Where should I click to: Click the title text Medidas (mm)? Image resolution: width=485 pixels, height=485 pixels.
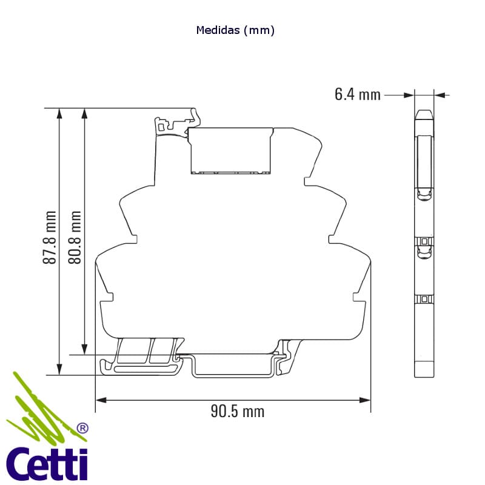pyautogui.click(x=236, y=30)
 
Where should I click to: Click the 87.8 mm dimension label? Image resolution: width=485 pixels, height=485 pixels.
pyautogui.click(x=50, y=237)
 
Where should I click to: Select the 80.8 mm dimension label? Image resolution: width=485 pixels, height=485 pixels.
pyautogui.click(x=75, y=237)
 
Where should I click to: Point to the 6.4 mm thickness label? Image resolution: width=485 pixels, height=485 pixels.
pyautogui.click(x=358, y=95)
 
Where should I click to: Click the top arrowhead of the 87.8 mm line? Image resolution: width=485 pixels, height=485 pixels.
pyautogui.click(x=59, y=114)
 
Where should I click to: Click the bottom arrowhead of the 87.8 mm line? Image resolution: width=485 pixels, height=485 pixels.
pyautogui.click(x=59, y=369)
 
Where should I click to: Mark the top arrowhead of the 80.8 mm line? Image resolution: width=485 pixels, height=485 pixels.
pyautogui.click(x=85, y=114)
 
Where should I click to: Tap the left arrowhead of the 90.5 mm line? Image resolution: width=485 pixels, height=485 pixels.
pyautogui.click(x=101, y=400)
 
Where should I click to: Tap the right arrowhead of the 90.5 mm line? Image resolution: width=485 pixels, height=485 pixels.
pyautogui.click(x=365, y=400)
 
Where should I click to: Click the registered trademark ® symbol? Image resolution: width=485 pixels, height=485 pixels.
pyautogui.click(x=82, y=428)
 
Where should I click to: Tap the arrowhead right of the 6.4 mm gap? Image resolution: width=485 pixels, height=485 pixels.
pyautogui.click(x=440, y=95)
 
